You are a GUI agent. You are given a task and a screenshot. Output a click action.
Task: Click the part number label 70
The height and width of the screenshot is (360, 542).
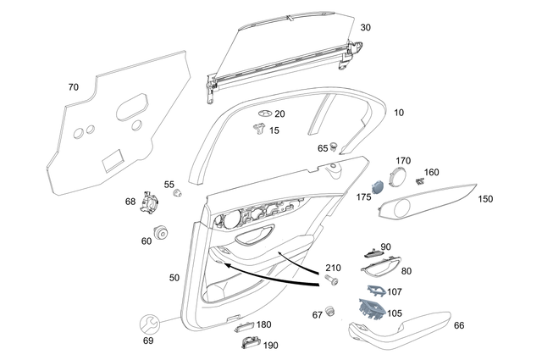pos(73,86)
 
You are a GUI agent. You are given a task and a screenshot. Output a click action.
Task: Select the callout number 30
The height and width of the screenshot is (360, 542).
pos(365,27)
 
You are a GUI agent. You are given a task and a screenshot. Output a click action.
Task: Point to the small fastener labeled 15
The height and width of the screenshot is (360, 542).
pos(257,129)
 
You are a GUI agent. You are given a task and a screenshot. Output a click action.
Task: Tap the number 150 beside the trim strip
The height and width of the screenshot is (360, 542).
pos(485,199)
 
